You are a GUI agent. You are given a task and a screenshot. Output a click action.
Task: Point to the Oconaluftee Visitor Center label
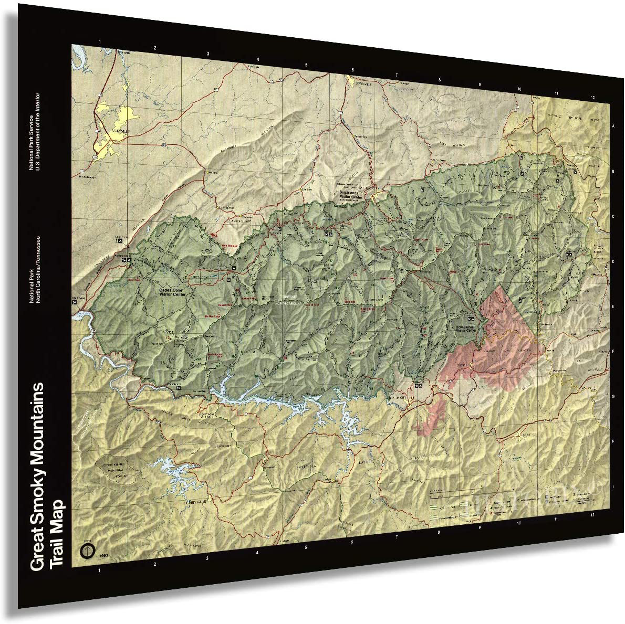pos(466,329)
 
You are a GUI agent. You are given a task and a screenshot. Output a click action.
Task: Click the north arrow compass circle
pos(86,551)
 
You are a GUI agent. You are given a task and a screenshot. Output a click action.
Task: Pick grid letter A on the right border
pos(612,126)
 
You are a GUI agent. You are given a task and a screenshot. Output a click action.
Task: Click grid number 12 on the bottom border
pos(591,516)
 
